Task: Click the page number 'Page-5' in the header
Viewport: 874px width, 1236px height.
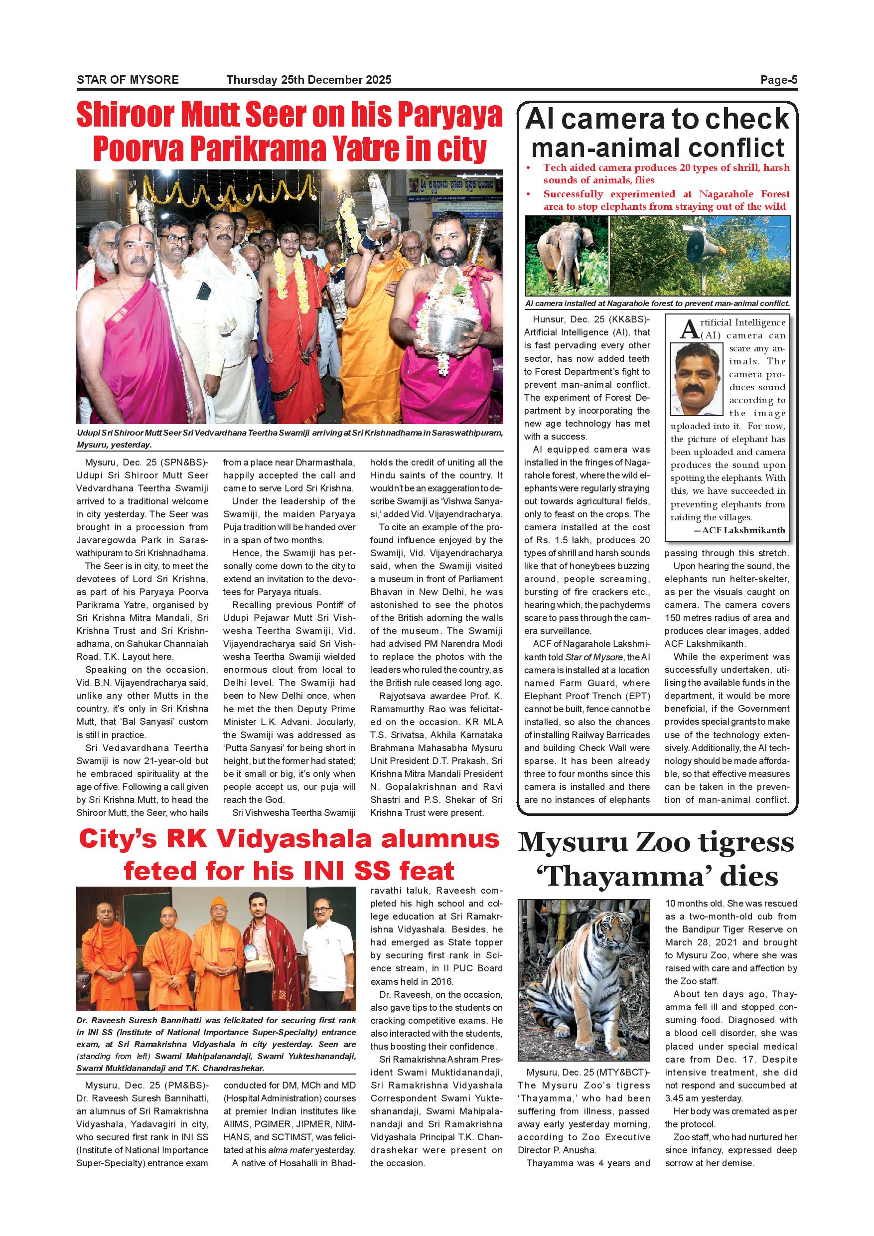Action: (778, 80)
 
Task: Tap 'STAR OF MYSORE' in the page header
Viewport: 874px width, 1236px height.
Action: (128, 80)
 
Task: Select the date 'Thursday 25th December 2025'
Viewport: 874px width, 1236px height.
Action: (308, 80)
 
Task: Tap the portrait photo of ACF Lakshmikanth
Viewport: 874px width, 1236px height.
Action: (697, 379)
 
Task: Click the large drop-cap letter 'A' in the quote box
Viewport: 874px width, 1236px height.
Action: (690, 329)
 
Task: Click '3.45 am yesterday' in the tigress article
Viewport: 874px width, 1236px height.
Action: (704, 1098)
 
